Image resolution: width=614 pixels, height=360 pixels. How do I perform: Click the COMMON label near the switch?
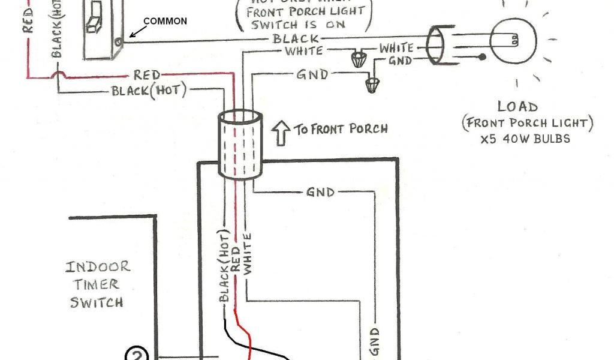[165, 21]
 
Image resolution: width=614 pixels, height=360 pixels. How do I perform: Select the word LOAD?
[517, 107]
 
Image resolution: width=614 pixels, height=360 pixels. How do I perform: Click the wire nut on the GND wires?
[372, 84]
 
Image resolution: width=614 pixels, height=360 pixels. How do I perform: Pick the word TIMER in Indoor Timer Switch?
[96, 284]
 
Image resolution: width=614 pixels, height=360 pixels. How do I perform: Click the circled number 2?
[136, 354]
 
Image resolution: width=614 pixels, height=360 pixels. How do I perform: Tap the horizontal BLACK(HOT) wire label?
[149, 91]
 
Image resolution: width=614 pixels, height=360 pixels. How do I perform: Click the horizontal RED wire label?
[147, 75]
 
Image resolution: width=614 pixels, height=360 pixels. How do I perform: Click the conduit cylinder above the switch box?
[240, 144]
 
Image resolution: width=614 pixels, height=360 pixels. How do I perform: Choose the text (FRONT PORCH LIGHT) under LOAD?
[527, 124]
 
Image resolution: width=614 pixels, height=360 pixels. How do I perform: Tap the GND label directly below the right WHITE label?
[400, 61]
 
